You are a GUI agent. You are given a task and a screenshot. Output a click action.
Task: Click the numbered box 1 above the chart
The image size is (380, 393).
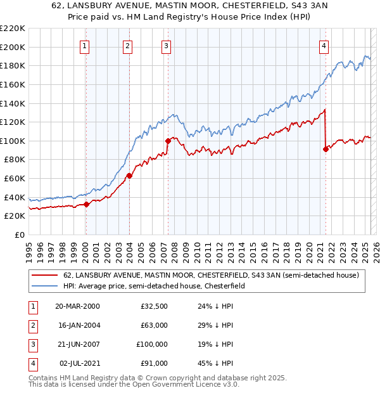coord(84,46)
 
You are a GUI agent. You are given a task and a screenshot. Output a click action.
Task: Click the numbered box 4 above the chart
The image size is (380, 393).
coord(324,46)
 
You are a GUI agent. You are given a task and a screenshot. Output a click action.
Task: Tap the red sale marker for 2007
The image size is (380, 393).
coord(168,141)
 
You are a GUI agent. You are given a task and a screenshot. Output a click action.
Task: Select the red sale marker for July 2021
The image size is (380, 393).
coord(326,150)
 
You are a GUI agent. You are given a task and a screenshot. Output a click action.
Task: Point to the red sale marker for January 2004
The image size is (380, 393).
coord(129,176)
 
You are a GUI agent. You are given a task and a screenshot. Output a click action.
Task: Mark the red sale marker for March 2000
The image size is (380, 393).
coord(87,204)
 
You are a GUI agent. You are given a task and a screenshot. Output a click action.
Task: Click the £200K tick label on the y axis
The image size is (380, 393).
coord(13,47)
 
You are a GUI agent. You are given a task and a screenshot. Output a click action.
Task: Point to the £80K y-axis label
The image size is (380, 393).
coord(15,160)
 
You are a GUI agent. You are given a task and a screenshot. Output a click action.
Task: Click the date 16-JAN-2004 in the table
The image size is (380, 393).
coord(77,325)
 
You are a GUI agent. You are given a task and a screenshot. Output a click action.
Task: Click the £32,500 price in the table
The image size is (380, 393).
coord(153,306)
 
